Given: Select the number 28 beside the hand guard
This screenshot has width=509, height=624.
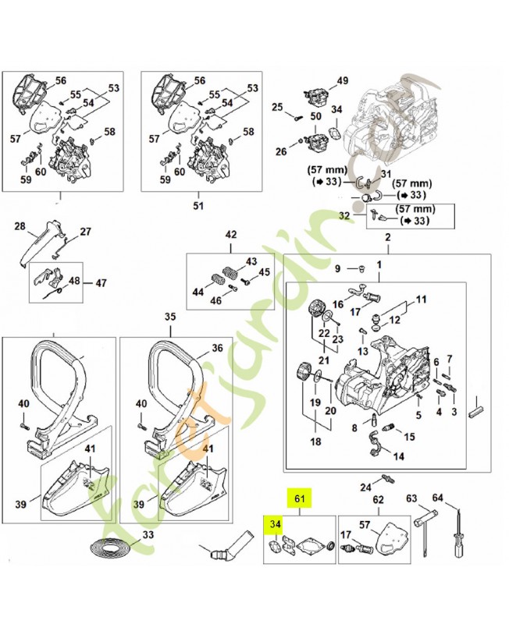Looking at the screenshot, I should click(20, 227).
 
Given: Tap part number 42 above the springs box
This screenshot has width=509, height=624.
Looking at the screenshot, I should click(230, 234).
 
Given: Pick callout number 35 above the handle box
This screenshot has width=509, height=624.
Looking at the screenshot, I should click(171, 317).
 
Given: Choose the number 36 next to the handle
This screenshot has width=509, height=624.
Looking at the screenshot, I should click(217, 349).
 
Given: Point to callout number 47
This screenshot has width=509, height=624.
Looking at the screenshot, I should click(101, 282).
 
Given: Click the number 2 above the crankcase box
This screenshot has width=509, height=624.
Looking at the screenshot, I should click(387, 237).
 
